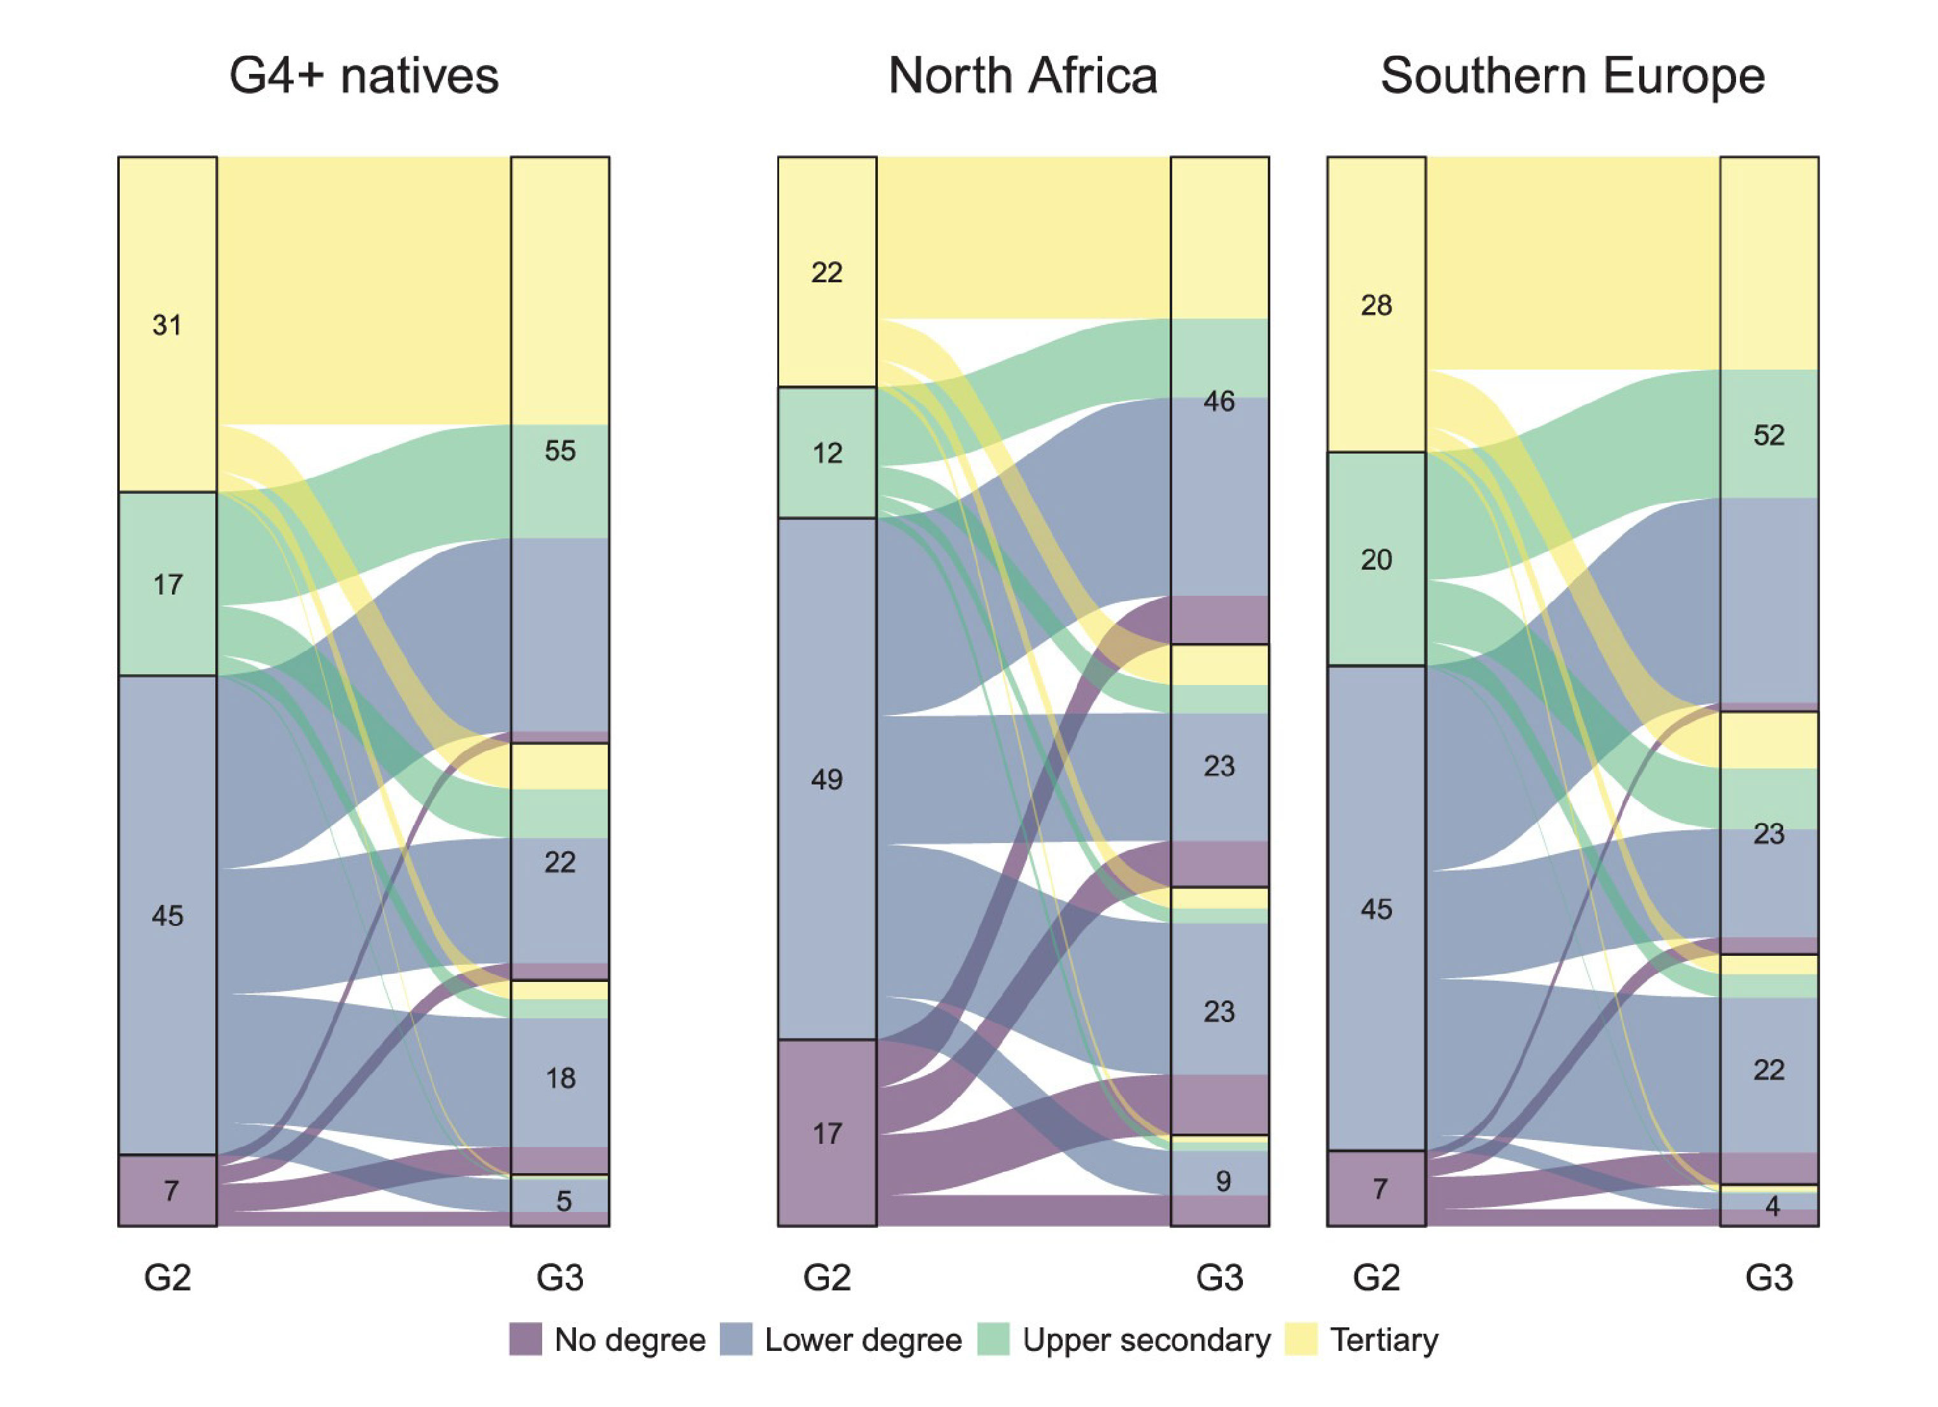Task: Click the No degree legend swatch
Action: (x=526, y=1339)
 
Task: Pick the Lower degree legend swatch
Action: (x=736, y=1339)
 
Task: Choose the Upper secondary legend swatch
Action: (x=993, y=1339)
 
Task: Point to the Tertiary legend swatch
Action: (x=1300, y=1339)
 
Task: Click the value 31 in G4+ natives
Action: (x=167, y=325)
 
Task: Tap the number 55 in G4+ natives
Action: (x=560, y=451)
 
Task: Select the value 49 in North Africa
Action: (x=826, y=779)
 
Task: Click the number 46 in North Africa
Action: (x=1219, y=401)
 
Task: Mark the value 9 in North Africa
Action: (x=1223, y=1181)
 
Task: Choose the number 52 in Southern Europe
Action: (x=1768, y=435)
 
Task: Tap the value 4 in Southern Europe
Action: (x=1772, y=1206)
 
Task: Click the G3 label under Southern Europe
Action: (x=1768, y=1277)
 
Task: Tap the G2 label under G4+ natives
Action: (x=167, y=1277)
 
